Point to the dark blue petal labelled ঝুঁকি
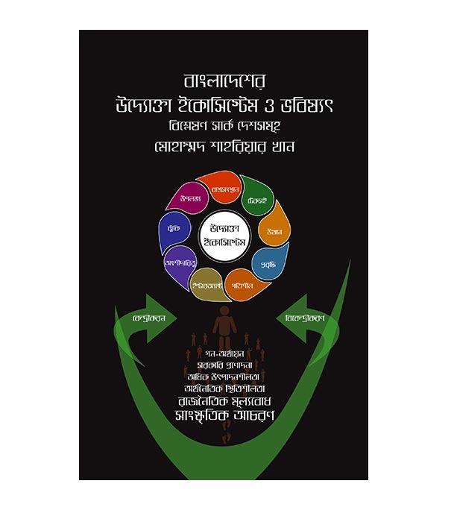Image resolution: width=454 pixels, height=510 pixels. (173, 230)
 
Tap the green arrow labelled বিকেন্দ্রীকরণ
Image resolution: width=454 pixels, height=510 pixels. (303, 316)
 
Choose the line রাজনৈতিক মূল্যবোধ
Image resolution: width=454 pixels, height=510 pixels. (226, 397)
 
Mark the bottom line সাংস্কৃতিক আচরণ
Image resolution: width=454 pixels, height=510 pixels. (226, 414)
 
